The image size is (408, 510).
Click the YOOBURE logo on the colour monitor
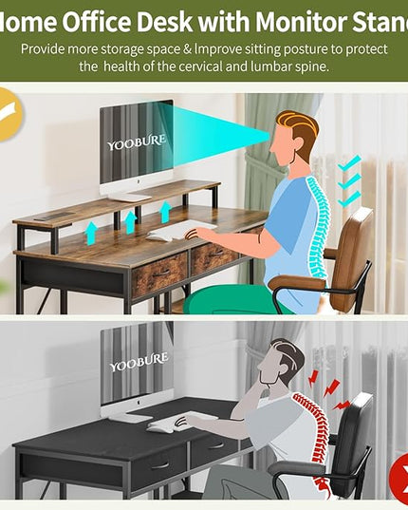(137, 142)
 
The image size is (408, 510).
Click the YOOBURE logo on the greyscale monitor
(139, 362)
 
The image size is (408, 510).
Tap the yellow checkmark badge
(9, 115)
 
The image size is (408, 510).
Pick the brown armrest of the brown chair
(297, 282)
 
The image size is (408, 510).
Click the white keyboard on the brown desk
(180, 230)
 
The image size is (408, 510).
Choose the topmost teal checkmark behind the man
(349, 162)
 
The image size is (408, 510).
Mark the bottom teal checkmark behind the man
(349, 199)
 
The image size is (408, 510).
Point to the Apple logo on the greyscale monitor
(138, 403)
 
